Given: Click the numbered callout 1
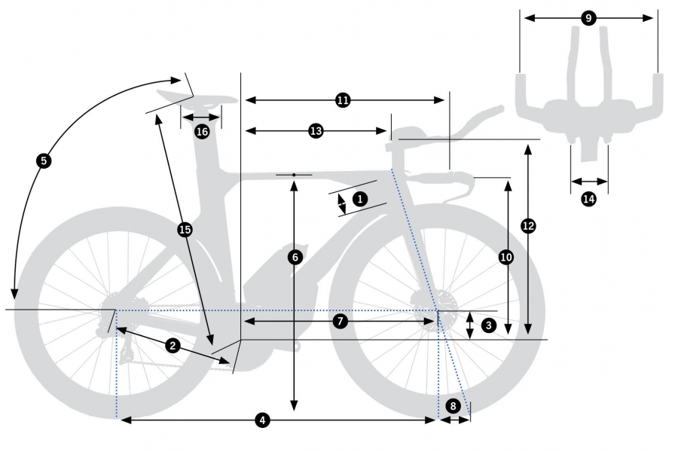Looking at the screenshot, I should (359, 200).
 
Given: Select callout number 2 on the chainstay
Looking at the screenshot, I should (173, 346).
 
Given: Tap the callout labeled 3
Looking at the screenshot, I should (489, 325).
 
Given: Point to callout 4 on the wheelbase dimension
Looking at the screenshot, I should (262, 420).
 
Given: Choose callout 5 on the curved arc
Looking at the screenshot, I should (43, 160).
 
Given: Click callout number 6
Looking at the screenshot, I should (295, 257).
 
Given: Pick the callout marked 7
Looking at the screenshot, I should (340, 322).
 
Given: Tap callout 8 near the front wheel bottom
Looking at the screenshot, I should (453, 405).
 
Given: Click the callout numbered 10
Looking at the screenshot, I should (506, 257).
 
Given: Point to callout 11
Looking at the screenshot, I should (343, 100).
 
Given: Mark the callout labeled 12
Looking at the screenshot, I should (528, 225).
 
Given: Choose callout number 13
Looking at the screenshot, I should (316, 131).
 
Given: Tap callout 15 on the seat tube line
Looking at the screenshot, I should (185, 229).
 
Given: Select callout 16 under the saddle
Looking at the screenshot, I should (201, 132).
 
